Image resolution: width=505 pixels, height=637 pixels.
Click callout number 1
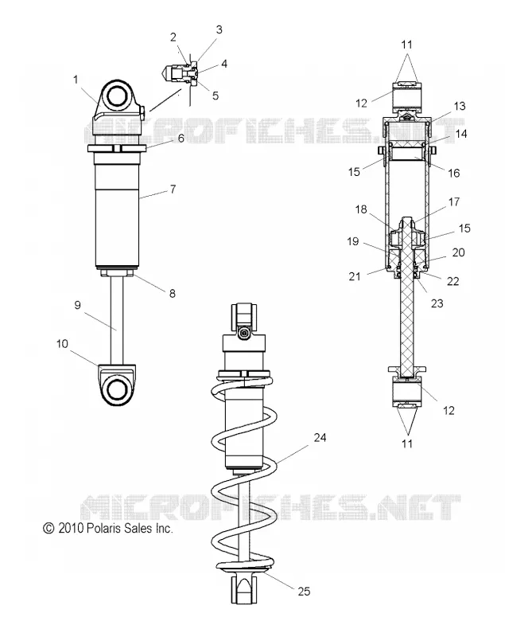tap(76, 80)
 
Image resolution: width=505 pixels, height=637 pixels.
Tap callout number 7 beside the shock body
tap(173, 190)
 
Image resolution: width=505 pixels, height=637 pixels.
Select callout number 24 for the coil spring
tap(320, 437)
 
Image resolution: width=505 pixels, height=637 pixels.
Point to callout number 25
tap(304, 592)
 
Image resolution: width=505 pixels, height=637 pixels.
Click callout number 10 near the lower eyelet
tap(62, 344)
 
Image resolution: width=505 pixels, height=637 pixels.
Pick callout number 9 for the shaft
tap(77, 305)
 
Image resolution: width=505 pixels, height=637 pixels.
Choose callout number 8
tap(173, 293)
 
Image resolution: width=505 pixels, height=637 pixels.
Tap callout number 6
tap(181, 138)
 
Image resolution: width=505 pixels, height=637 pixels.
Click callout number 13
tap(459, 107)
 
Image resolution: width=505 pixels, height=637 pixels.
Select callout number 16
tap(454, 173)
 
